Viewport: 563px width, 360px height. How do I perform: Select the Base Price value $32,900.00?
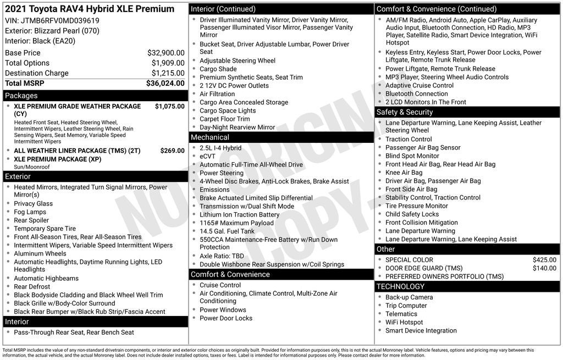coord(165,53)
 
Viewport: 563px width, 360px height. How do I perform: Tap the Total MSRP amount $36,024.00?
coord(165,83)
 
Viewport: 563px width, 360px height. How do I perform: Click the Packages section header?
coord(21,96)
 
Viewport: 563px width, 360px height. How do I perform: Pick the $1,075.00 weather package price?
coord(169,106)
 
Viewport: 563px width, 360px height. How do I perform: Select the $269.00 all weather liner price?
coord(172,151)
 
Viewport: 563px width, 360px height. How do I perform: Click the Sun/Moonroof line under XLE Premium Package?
coord(32,167)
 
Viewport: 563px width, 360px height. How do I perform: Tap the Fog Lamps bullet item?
coord(30,212)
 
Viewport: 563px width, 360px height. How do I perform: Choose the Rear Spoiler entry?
coord(31,220)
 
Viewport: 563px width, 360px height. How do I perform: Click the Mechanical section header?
coord(209,137)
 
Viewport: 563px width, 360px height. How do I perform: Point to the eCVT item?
coord(207,156)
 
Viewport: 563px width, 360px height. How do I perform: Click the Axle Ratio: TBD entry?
coord(222,256)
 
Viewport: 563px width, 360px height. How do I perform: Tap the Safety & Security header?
coord(404,112)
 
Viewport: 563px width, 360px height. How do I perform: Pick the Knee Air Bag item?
coord(404,173)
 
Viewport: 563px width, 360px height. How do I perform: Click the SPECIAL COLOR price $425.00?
coord(544,260)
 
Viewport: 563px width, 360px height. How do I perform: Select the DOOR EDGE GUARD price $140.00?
coord(544,268)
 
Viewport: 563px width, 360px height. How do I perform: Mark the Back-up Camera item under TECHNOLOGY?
coord(409,297)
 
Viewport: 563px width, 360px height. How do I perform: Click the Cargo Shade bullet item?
coord(218,69)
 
